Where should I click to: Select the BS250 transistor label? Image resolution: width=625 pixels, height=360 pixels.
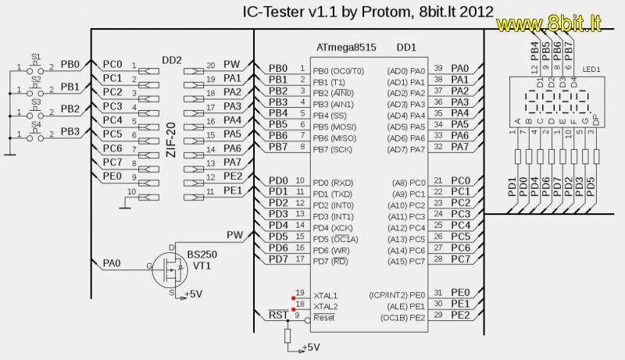coord(202,255)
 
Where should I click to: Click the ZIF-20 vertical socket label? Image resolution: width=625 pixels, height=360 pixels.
coord(170,137)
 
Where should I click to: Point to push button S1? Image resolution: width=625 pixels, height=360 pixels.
coord(36,68)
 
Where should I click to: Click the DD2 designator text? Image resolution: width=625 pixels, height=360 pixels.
coord(171,60)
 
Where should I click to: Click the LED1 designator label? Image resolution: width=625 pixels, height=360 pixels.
coord(591,69)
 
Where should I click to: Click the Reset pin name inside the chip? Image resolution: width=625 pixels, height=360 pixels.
coord(323,318)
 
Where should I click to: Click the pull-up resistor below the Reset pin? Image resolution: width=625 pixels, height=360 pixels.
coord(287,336)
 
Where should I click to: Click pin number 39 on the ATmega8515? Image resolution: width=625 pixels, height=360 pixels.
coord(438,69)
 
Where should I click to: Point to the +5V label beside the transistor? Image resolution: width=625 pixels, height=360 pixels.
coord(193,294)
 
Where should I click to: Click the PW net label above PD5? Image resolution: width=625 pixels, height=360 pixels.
coord(234,234)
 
